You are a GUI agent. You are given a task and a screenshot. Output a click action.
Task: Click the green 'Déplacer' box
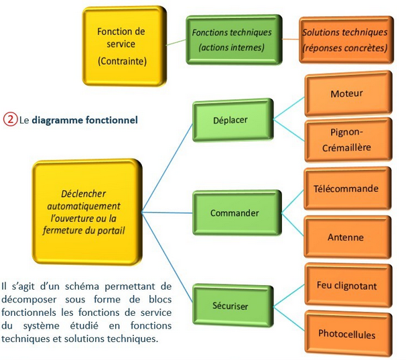coord(232,121)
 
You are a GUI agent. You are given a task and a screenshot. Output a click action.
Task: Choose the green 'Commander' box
coord(234,213)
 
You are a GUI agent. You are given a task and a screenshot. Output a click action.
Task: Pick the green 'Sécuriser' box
coord(231,306)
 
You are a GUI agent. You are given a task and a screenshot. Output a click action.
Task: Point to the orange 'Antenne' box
coord(346,237)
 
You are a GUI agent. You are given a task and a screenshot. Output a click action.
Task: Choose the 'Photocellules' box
coord(346,334)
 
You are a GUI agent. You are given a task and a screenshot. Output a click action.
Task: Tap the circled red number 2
coord(9,120)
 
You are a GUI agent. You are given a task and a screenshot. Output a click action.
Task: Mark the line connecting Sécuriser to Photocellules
coord(289,320)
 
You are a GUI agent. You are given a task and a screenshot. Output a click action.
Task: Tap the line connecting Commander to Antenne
coord(289,226)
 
